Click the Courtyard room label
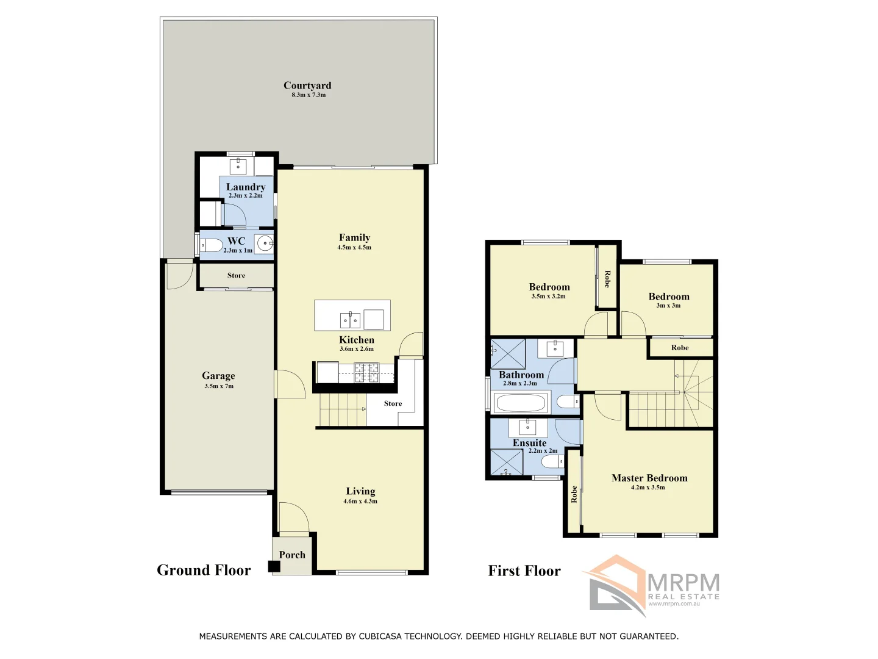point(307,85)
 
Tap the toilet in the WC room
point(212,246)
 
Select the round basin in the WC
point(265,244)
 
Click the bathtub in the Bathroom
point(521,403)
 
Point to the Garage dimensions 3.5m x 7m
point(219,386)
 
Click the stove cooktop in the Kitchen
point(367,372)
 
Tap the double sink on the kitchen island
point(349,320)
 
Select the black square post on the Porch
point(274,566)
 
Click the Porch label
point(292,555)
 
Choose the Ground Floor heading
point(204,570)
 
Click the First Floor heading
point(524,571)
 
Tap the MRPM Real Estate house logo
point(616,584)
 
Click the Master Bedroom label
point(649,478)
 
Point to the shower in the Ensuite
point(507,463)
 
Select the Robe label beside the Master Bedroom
point(574,494)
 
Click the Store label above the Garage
point(236,275)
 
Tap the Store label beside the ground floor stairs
point(393,403)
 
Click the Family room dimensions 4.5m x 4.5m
point(354,248)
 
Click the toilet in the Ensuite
point(553,462)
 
